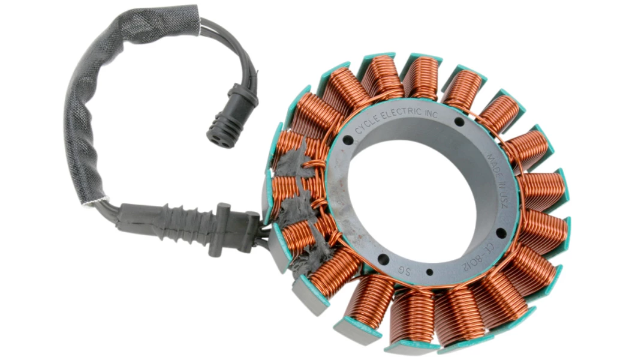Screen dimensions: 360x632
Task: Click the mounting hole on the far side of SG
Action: pos(383,259)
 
